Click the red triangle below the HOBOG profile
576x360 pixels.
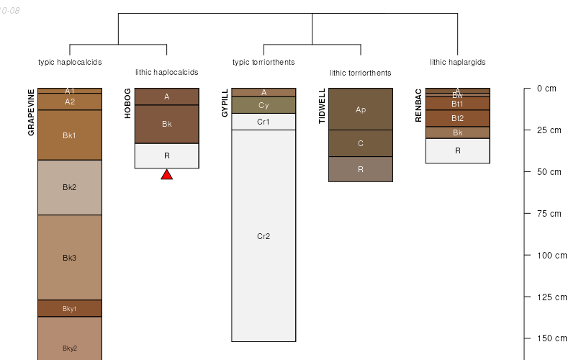pyautogui.click(x=166, y=175)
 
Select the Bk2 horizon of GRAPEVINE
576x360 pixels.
pyautogui.click(x=70, y=187)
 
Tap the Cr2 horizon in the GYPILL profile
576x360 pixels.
pyautogui.click(x=264, y=236)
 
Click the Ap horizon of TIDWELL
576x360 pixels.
pyautogui.click(x=361, y=109)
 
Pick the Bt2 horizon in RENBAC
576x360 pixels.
pyautogui.click(x=458, y=118)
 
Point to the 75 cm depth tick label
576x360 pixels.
pyautogui.click(x=549, y=214)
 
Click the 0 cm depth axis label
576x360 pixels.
pyautogui.click(x=546, y=89)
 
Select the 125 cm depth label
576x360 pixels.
pyautogui.click(x=551, y=297)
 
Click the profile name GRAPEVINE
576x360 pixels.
pyautogui.click(x=31, y=112)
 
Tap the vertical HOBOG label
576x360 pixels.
pyautogui.click(x=128, y=104)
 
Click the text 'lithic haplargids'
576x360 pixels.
pyautogui.click(x=457, y=62)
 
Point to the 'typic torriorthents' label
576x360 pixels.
pyautogui.click(x=264, y=62)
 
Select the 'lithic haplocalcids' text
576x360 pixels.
pyautogui.click(x=166, y=72)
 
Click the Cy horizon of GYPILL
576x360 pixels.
pyautogui.click(x=264, y=105)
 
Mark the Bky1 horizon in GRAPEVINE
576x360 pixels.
pyautogui.click(x=70, y=309)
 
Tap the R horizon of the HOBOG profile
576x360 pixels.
pyautogui.click(x=166, y=156)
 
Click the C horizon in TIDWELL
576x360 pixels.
pyautogui.click(x=361, y=143)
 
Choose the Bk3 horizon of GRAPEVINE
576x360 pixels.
pyautogui.click(x=70, y=258)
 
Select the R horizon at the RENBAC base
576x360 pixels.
pyautogui.click(x=458, y=150)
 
